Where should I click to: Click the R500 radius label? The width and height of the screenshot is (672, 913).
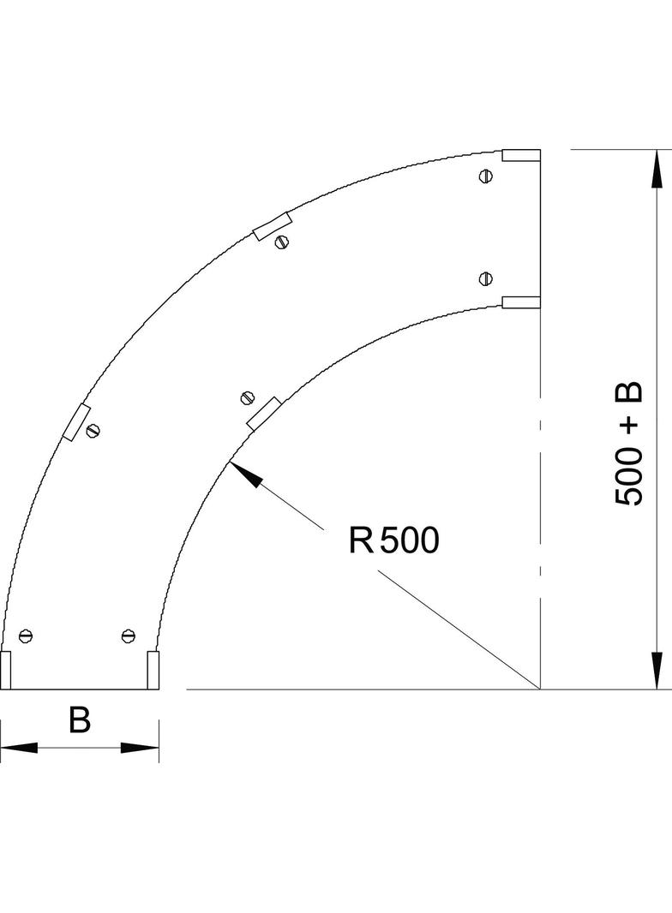tap(393, 540)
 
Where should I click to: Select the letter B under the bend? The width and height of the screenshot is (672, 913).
tap(80, 720)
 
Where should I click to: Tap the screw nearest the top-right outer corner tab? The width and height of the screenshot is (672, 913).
tap(486, 177)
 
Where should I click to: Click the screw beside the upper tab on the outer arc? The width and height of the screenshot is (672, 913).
tap(281, 242)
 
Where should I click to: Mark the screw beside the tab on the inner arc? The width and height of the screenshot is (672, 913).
tap(249, 397)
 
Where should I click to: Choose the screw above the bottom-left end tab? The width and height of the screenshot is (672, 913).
tap(26, 636)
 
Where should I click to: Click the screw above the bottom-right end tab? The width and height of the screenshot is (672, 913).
tap(129, 636)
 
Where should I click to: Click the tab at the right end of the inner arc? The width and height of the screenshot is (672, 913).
tap(521, 301)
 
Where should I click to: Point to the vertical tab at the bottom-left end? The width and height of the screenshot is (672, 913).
tap(6, 670)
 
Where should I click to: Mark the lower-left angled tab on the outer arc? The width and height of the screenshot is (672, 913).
tap(76, 421)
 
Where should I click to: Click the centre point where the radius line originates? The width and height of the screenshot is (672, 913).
tap(540, 689)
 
